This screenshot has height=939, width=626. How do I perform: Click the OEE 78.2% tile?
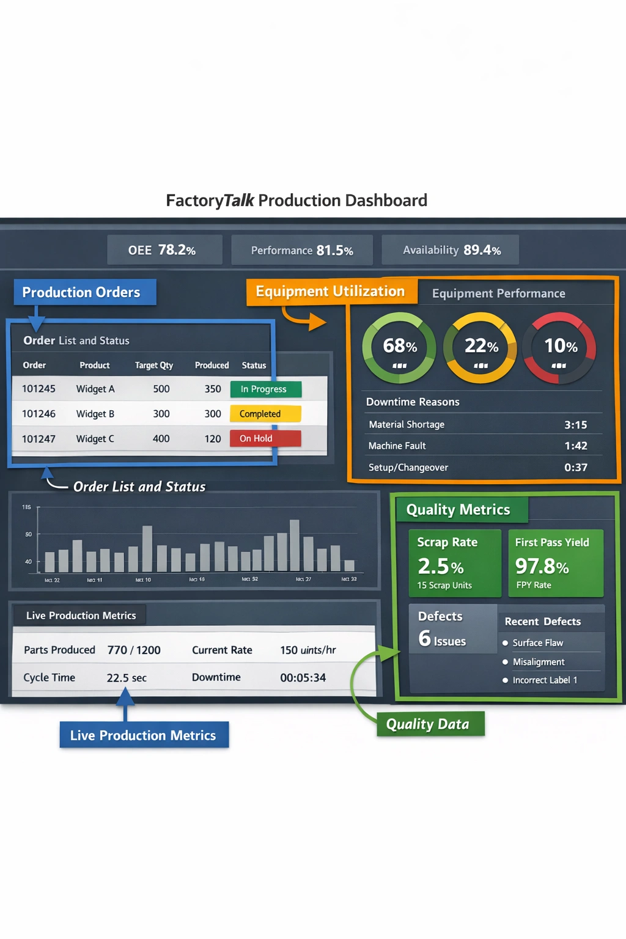coord(164,250)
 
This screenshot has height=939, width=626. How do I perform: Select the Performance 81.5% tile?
coord(302,251)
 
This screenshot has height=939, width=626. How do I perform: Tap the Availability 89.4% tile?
coord(451,250)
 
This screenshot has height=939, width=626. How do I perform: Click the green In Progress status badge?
coord(266,389)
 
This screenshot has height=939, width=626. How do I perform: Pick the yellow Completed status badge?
coord(265,414)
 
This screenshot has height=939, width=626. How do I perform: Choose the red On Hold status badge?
coord(265,438)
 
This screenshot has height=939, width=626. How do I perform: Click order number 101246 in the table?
coord(39,414)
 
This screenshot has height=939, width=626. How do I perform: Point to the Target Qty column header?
coord(154,366)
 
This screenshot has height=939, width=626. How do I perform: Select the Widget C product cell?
coord(95,439)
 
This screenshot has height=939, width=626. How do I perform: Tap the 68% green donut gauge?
coord(399,348)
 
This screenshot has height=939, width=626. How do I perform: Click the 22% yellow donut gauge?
coord(481,348)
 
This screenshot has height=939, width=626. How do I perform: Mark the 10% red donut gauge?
coord(560,348)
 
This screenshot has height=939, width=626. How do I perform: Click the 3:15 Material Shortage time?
coord(575,425)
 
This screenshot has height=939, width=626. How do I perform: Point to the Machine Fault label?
coord(397,446)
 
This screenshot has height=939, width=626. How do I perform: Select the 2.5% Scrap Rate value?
coord(441,567)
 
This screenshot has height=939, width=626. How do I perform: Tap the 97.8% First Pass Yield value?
coord(542,567)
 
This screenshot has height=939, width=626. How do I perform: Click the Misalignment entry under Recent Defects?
coord(538,662)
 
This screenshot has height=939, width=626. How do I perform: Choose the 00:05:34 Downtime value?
coord(303,678)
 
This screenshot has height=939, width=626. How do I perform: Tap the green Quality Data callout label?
coord(428,724)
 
